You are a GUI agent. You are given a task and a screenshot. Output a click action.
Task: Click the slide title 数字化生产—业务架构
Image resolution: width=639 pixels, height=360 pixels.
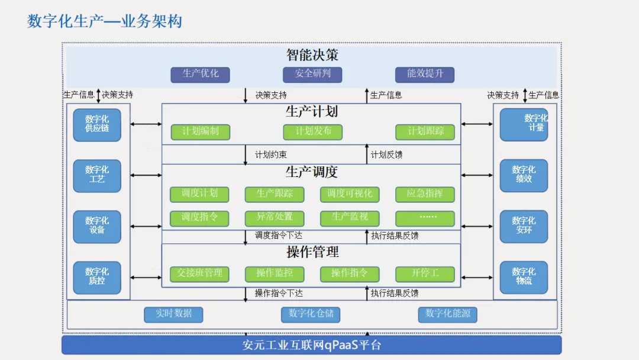click(105, 21)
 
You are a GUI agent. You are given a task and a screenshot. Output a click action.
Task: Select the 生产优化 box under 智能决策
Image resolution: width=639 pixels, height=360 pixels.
click(200, 74)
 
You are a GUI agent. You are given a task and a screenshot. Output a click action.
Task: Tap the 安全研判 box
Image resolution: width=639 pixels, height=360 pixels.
click(312, 74)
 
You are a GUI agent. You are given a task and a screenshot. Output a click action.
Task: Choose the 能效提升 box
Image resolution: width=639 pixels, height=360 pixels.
click(425, 74)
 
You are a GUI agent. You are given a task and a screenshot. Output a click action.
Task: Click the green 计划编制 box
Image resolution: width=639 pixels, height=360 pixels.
click(200, 131)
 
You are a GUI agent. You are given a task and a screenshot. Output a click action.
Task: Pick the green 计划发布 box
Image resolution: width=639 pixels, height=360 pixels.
click(312, 131)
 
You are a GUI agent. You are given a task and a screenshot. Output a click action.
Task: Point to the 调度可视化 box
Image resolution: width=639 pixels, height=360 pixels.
click(350, 194)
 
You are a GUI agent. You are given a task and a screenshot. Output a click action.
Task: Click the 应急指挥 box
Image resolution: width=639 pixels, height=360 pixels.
click(425, 194)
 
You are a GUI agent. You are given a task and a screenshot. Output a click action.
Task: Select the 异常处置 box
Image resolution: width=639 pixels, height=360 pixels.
click(275, 218)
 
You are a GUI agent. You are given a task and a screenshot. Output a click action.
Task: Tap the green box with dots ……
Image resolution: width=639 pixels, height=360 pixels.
click(425, 218)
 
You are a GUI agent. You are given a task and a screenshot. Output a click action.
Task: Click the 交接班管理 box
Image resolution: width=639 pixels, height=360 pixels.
click(200, 274)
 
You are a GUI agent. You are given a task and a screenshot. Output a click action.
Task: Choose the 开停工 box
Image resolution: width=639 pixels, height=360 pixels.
click(425, 274)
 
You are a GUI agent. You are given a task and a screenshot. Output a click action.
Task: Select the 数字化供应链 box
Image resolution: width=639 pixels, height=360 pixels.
click(97, 124)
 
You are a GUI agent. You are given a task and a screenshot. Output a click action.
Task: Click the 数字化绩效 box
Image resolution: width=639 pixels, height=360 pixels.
click(524, 175)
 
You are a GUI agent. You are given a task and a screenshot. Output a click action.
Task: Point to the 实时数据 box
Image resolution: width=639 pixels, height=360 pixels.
click(173, 314)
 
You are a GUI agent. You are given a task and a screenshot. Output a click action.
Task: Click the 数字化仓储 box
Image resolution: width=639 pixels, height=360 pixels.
click(311, 314)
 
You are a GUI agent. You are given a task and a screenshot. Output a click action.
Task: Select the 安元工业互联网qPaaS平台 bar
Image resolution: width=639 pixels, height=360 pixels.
click(311, 345)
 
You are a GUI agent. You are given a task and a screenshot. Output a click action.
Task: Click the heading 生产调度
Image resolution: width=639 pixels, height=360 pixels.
click(311, 172)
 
